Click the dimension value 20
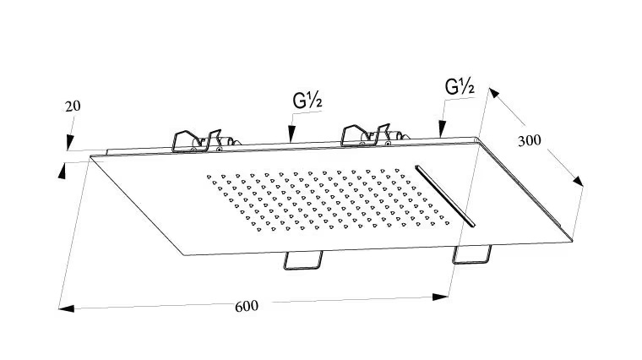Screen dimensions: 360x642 (x=72, y=106)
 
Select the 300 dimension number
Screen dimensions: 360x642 (x=529, y=140)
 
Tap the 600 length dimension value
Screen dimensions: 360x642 (x=247, y=305)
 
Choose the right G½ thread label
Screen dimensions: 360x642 (x=460, y=87)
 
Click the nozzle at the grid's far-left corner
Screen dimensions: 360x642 (x=208, y=177)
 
